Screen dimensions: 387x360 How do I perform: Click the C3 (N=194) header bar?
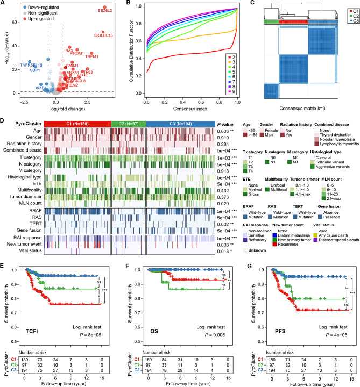coord(181,124)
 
